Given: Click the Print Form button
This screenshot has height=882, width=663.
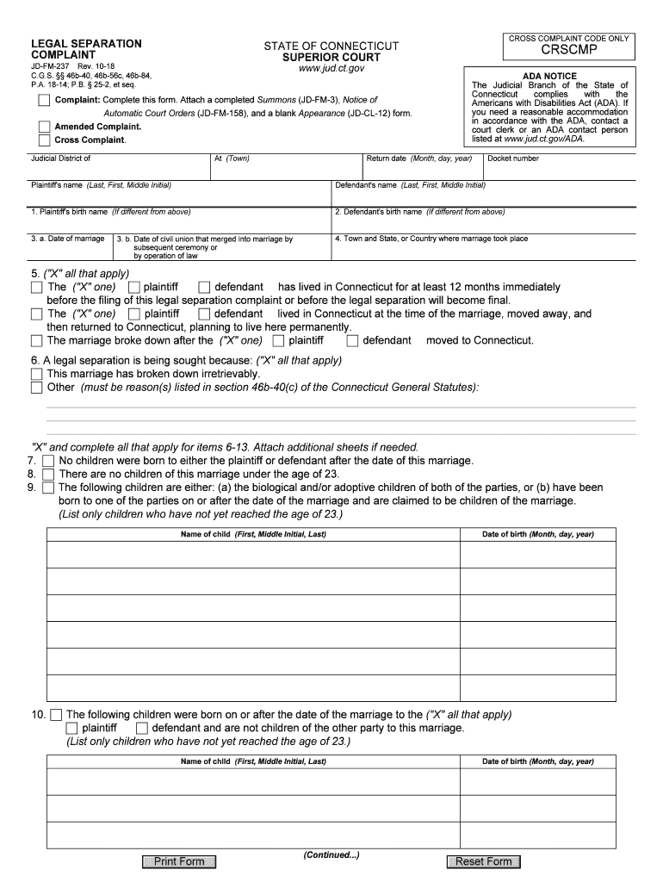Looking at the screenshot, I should pos(179,861).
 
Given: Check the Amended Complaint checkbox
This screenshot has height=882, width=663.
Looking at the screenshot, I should pos(45,127).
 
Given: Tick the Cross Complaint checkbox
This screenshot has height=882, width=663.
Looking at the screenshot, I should pos(45,140).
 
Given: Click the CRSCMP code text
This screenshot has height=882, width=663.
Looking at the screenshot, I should pos(569,54).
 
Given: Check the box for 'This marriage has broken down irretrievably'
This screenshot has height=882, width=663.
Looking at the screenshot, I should pos(36,374).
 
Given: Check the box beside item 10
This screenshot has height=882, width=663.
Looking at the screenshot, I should pos(56,714).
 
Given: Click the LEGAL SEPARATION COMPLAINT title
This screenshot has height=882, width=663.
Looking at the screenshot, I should pos(86,49).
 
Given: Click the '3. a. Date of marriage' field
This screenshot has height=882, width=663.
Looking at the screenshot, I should pos(69,246).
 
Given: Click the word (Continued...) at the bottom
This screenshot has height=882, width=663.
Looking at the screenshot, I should pos(331,855).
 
